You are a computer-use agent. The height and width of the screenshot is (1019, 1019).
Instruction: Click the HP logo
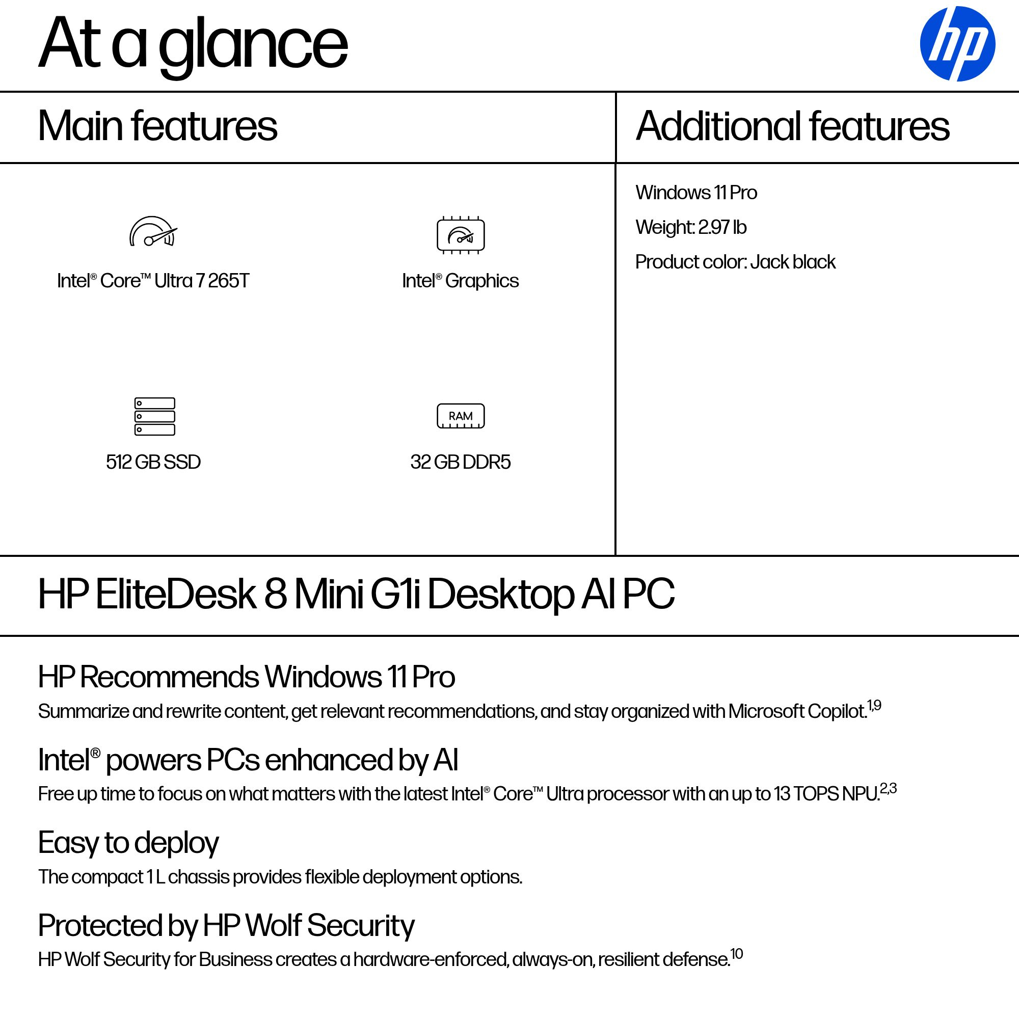tap(957, 44)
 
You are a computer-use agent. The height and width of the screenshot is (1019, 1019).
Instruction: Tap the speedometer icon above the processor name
tap(153, 232)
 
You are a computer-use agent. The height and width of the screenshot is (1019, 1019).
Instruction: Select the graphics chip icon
tap(461, 235)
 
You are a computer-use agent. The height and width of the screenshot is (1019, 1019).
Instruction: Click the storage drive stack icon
tap(154, 416)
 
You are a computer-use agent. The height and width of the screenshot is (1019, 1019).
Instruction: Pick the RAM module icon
tap(461, 416)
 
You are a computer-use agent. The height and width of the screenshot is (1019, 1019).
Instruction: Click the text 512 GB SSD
tap(153, 462)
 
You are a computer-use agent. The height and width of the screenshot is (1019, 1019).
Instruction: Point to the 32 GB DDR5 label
tap(461, 462)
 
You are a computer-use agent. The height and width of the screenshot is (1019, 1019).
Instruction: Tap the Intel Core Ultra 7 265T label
tap(153, 281)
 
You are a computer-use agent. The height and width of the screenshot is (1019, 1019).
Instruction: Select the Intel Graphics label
tap(461, 281)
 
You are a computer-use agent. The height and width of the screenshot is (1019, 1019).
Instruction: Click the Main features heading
tap(157, 126)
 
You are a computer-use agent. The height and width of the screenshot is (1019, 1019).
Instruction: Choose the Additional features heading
tap(792, 126)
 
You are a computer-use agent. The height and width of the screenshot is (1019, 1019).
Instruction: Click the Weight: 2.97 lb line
tap(690, 227)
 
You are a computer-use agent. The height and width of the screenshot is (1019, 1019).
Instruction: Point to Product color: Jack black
tap(735, 262)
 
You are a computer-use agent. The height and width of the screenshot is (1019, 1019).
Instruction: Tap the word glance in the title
tap(253, 45)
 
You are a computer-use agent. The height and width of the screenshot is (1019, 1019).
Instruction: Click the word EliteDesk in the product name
tap(176, 595)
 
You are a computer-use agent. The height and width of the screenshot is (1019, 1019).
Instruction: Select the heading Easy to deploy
tap(128, 842)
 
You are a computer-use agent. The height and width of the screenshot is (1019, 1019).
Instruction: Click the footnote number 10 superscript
tap(736, 954)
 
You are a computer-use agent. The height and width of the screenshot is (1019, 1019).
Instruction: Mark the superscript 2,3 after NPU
tap(888, 789)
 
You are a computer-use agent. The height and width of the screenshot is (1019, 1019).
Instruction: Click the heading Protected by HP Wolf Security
tap(226, 925)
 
